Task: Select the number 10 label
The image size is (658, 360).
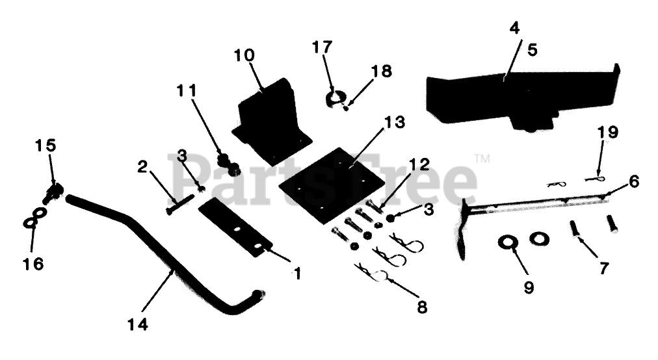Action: click(245, 55)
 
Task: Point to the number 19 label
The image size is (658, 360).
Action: click(608, 133)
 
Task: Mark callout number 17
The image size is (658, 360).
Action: click(322, 47)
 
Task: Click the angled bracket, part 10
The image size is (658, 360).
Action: click(270, 123)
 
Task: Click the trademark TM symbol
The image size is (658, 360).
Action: click(482, 158)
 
